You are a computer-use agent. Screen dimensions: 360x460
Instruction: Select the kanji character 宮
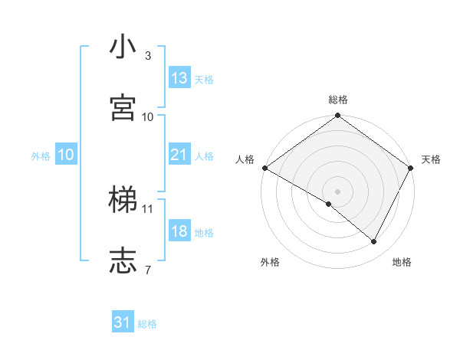123,107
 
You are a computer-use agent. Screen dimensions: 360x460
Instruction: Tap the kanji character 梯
123,200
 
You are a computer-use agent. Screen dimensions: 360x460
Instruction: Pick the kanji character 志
123,260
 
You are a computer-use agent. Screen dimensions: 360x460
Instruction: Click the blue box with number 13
179,78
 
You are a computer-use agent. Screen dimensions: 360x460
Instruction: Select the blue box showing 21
179,155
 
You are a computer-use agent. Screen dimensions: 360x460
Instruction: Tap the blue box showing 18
179,231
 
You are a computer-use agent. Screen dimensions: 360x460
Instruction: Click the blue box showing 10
66,155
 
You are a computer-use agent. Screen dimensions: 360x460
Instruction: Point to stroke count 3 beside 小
148,56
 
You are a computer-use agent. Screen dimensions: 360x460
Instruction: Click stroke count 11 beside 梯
148,208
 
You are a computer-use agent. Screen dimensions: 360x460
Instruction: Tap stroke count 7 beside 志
148,270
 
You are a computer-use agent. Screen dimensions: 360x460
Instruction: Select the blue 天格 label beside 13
204,80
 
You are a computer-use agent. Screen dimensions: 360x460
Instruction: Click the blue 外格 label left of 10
41,156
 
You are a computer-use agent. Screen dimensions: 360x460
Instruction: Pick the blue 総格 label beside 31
147,325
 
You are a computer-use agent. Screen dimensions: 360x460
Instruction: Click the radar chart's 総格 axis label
338,100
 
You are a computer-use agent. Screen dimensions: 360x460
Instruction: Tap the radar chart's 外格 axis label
270,263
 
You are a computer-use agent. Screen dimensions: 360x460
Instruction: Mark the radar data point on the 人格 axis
264,168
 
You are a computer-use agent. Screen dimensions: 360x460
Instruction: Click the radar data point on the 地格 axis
374,242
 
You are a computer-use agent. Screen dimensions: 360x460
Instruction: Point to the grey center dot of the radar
337,191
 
